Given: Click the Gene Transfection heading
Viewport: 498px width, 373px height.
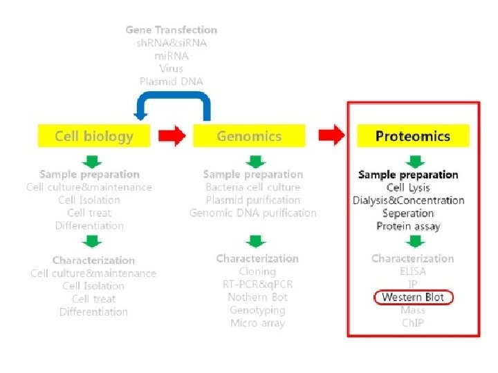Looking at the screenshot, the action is click(172, 30).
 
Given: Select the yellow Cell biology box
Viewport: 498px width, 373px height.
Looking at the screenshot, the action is click(94, 136).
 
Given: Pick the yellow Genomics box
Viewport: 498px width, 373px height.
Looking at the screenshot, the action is click(249, 136).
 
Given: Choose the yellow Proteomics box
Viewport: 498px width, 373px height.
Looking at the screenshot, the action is click(413, 136).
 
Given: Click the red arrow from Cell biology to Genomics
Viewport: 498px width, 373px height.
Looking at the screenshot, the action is click(172, 136).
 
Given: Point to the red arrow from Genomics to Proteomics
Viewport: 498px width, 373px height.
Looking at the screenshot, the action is click(335, 136).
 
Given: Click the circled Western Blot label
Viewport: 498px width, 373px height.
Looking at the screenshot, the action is click(412, 298).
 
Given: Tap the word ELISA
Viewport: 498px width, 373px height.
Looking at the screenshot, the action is click(413, 271).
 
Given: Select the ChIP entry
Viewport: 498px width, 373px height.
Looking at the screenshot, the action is click(413, 323).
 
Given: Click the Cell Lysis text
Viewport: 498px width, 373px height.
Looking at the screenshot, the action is click(408, 187).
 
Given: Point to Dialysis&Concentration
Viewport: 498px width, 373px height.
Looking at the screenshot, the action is click(408, 200).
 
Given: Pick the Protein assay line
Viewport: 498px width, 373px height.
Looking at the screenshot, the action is click(408, 227).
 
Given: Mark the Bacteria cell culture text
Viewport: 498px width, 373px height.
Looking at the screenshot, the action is click(253, 187).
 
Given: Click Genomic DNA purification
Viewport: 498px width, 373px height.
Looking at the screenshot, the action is click(253, 213).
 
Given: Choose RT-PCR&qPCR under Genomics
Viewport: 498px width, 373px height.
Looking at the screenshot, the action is click(257, 285).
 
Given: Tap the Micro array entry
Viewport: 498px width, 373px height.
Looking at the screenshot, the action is click(257, 323).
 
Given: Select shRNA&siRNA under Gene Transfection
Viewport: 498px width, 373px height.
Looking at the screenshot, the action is click(172, 43).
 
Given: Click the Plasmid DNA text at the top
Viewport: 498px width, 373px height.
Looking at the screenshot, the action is click(172, 82).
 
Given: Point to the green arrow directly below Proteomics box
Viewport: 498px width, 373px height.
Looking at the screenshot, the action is click(414, 162).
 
